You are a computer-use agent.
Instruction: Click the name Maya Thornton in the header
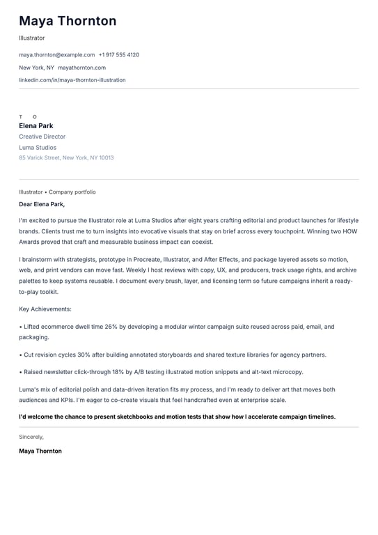point(68,21)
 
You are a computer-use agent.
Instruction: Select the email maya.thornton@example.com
point(56,54)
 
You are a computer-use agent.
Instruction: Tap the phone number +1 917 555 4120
point(118,54)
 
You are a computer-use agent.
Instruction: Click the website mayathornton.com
point(81,68)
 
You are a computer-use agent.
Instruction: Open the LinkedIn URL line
point(72,80)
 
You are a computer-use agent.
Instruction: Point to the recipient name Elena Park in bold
point(36,126)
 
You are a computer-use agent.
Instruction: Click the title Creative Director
point(42,137)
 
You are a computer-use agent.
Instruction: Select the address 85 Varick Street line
point(66,158)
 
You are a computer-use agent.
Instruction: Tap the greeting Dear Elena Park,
point(42,204)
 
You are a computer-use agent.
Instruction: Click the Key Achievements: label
point(45,309)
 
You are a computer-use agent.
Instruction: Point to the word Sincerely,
point(31,437)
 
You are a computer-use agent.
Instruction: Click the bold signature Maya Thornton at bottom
point(40,451)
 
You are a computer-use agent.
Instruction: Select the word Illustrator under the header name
point(31,38)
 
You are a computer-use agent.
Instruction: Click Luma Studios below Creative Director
point(38,148)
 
